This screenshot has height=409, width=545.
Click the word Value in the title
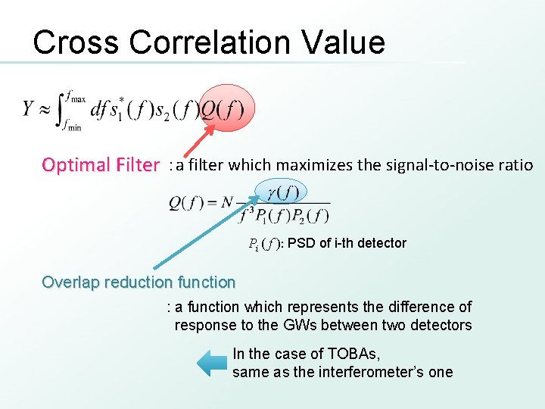tap(344, 42)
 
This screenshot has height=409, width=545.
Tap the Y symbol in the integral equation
tap(30, 108)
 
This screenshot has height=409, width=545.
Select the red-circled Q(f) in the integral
tap(221, 109)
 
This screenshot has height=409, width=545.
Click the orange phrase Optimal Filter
tap(101, 165)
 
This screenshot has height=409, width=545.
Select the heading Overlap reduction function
tap(139, 283)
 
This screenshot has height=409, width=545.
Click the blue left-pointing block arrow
tap(212, 364)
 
